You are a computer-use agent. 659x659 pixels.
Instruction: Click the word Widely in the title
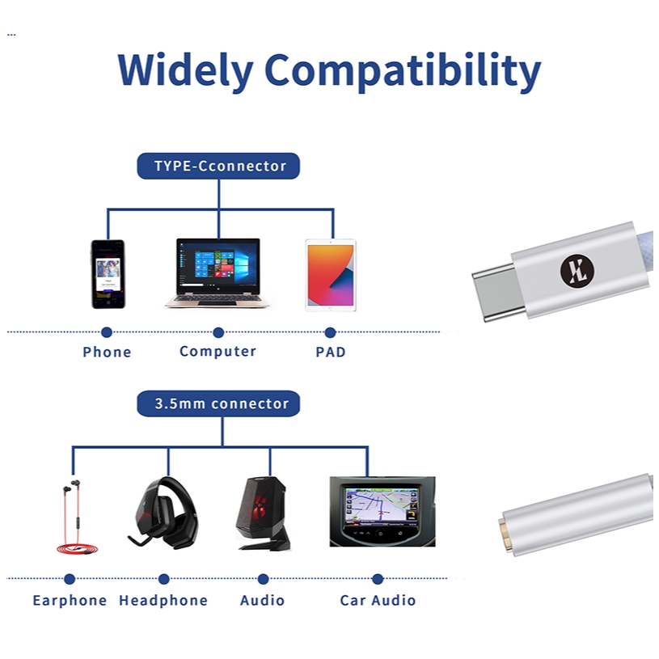point(185,71)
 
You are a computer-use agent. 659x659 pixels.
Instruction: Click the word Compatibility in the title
point(403,71)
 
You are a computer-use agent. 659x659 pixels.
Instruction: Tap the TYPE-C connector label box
point(218,166)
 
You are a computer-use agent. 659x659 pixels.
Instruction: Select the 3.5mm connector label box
point(218,403)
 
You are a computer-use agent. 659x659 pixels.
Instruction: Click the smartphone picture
point(108,274)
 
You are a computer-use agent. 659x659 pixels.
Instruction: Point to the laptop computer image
point(218,273)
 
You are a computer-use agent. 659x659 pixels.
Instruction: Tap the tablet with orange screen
point(331,275)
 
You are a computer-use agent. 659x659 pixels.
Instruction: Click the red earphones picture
point(76,517)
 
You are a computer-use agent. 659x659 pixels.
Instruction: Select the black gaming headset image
point(163,513)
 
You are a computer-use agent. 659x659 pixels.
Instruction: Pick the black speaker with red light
point(263,513)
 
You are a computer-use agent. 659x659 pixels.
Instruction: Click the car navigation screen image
point(382,512)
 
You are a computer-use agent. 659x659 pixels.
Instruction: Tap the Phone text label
point(107,352)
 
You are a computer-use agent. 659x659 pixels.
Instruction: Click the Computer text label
point(218,352)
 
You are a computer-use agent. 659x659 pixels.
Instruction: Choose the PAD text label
point(331,353)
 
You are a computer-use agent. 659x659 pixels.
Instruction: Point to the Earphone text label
point(70,601)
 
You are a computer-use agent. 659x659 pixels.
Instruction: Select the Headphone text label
point(163,601)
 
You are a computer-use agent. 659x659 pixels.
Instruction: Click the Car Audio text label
point(378,601)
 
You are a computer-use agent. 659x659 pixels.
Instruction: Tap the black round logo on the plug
point(577,271)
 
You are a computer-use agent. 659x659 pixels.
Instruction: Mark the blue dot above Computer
point(218,332)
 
